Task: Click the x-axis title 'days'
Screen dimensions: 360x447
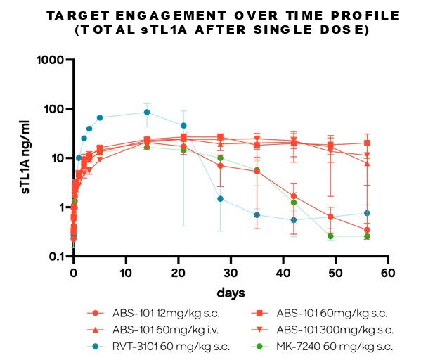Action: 230,290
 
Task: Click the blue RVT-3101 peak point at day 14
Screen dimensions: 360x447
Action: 147,112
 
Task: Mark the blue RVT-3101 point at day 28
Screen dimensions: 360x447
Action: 220,199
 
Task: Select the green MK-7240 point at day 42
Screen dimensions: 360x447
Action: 294,202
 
